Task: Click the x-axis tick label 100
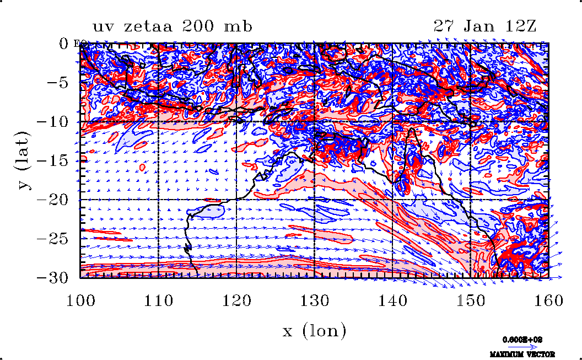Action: [80, 300]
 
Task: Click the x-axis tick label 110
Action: [158, 300]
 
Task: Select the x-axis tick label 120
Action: [236, 300]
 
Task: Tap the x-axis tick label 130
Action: [314, 300]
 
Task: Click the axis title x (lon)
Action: [314, 331]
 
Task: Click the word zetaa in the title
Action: [145, 26]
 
